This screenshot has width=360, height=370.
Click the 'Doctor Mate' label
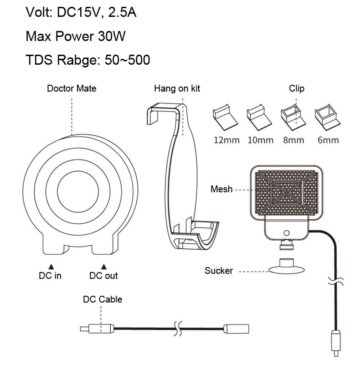72,88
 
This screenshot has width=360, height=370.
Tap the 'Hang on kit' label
177,88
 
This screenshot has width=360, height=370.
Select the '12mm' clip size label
226,140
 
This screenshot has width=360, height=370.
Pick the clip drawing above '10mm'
259,117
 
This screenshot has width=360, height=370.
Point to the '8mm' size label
293,140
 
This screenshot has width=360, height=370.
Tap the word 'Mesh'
221,189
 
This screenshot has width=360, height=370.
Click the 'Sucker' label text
219,271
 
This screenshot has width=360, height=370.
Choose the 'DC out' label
103,276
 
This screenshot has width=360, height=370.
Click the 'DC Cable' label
103,299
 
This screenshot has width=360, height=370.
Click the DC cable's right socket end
237,328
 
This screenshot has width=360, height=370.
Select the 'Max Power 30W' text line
76,36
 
